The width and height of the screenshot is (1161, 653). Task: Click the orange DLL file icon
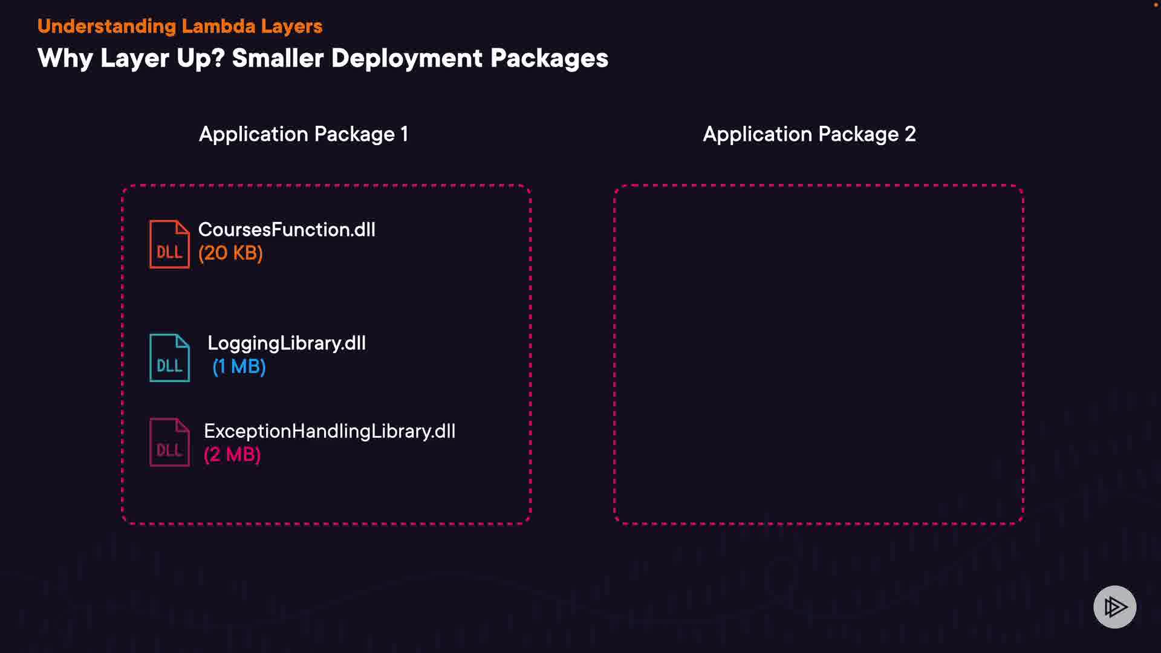169,244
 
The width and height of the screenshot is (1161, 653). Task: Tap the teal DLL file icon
169,358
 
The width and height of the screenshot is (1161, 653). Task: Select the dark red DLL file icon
169,443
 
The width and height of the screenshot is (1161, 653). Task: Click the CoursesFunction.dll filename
287,230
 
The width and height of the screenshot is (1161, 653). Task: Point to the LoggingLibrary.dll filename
287,343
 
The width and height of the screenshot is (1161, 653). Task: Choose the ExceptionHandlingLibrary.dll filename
330,431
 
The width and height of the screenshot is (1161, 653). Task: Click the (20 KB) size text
230,253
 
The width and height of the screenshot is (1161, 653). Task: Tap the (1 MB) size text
239,366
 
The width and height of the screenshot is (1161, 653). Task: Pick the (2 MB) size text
232,455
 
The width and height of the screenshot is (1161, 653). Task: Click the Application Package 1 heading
304,134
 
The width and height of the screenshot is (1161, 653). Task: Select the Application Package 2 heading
809,134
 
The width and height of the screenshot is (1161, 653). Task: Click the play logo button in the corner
1114,607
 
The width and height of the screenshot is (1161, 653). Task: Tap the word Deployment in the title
407,58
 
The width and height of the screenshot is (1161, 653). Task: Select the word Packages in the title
549,58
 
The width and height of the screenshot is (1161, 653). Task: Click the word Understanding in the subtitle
106,26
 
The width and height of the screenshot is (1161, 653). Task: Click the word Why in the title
65,58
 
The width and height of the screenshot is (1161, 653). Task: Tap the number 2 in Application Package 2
910,134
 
